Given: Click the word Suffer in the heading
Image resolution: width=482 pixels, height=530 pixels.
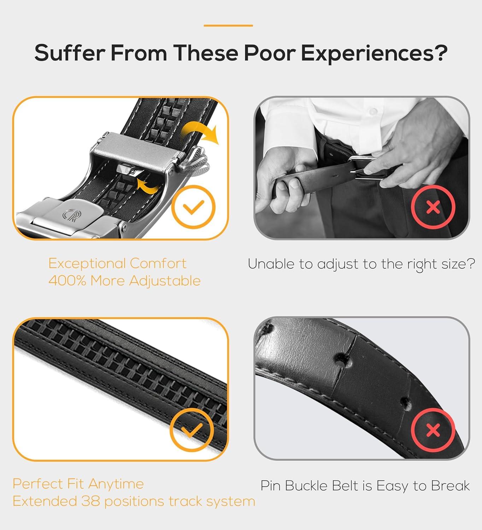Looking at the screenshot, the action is click(70, 53).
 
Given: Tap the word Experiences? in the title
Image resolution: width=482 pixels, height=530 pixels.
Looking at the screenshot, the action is click(374, 54).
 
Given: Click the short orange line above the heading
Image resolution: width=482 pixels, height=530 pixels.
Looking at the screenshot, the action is click(228, 26).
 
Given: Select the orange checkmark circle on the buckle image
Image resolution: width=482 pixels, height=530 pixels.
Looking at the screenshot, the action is click(193, 207).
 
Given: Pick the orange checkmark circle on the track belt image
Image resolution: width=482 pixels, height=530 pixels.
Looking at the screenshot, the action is click(192, 430).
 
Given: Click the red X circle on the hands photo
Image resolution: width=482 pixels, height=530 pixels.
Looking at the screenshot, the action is click(433, 207).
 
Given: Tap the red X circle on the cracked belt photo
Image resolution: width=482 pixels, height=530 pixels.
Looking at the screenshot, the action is click(433, 430).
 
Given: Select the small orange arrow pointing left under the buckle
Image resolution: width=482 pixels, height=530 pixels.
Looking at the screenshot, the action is click(148, 186).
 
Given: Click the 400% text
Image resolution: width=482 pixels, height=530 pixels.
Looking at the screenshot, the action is click(67, 281).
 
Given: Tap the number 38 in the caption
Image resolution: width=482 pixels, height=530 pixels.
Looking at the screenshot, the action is click(90, 501).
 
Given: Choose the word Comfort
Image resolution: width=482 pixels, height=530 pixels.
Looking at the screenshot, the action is click(158, 264).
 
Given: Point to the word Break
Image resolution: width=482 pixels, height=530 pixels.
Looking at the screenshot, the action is click(450, 485).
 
